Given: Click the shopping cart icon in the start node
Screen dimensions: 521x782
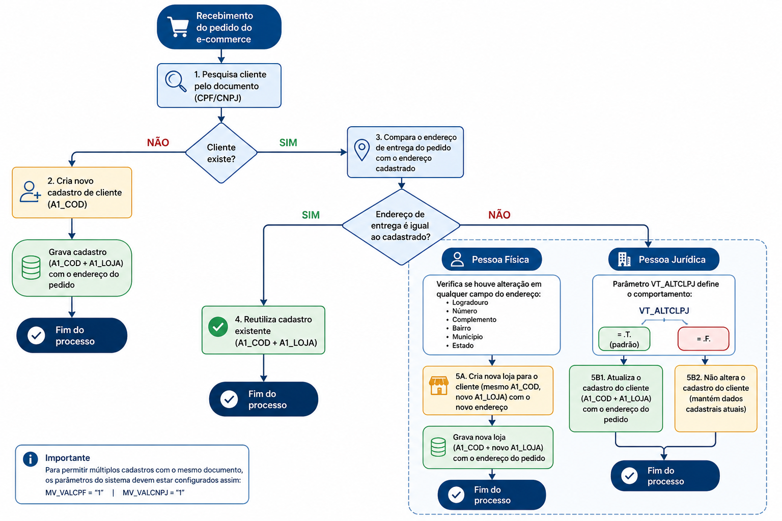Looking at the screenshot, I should [x=178, y=27].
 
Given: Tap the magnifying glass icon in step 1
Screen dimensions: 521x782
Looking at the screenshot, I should [x=175, y=81].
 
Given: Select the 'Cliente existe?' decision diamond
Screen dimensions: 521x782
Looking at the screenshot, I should [x=221, y=153].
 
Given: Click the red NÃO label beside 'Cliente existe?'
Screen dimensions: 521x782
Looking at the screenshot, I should [x=158, y=143].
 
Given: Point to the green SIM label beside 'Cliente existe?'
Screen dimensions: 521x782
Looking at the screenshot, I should [x=288, y=143].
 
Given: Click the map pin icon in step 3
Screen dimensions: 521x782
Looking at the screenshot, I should [x=361, y=150].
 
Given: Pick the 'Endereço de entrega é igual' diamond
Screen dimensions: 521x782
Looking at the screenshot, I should [x=401, y=226].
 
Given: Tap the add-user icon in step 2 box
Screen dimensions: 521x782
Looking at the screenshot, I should [x=30, y=192].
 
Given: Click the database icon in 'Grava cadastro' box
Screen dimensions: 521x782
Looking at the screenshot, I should [x=31, y=268].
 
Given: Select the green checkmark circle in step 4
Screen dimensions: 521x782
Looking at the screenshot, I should [x=218, y=327].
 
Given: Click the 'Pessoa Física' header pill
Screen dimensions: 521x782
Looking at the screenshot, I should [x=491, y=259].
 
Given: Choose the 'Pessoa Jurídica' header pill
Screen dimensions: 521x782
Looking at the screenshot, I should [x=663, y=259].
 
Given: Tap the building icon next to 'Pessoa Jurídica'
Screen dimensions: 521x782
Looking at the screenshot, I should [x=624, y=259].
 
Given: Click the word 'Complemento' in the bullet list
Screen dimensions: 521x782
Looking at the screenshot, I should [x=474, y=320].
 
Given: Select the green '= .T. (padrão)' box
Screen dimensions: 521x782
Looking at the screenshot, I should [x=624, y=339].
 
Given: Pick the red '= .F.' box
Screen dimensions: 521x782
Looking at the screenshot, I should [x=703, y=339].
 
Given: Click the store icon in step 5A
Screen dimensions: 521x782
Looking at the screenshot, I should [x=438, y=386].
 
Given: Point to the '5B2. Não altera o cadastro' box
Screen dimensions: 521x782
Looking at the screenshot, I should [x=715, y=398].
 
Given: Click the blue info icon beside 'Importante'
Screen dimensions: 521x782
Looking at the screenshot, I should [x=31, y=459].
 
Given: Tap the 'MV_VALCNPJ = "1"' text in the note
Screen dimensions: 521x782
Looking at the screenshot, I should [x=153, y=493].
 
